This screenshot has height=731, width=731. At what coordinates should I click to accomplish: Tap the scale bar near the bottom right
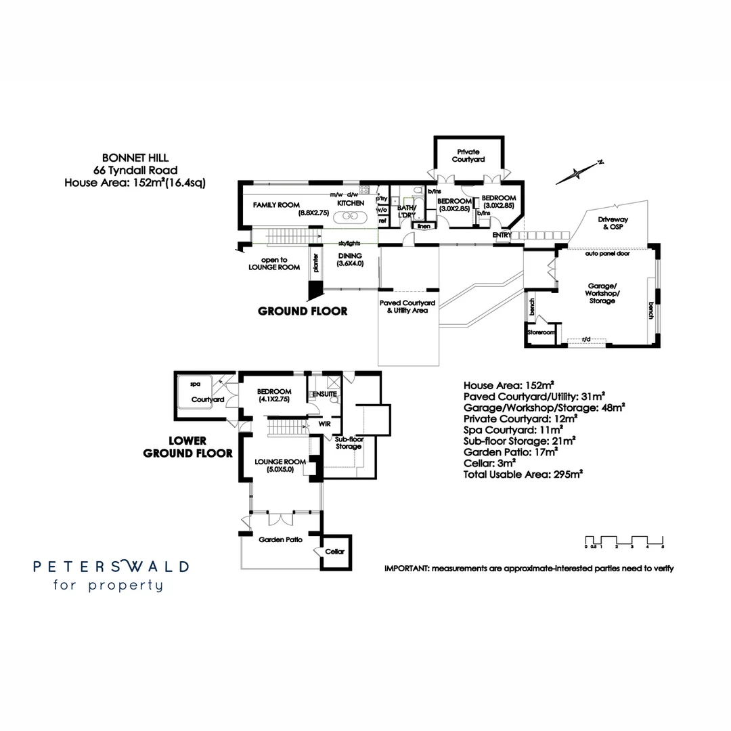tap(627, 541)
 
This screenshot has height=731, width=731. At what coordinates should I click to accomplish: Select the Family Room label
tap(271, 204)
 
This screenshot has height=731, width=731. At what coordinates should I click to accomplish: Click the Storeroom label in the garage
tap(541, 333)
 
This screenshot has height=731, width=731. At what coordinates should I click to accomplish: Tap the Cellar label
tap(334, 552)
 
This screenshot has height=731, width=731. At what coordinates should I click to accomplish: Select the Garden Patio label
tap(280, 540)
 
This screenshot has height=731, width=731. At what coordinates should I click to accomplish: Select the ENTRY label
tap(502, 235)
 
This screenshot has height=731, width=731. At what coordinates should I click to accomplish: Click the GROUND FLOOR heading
tap(303, 311)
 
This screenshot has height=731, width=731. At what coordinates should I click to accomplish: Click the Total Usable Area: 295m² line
tap(523, 474)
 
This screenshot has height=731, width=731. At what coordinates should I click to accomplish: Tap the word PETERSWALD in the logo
tap(111, 567)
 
